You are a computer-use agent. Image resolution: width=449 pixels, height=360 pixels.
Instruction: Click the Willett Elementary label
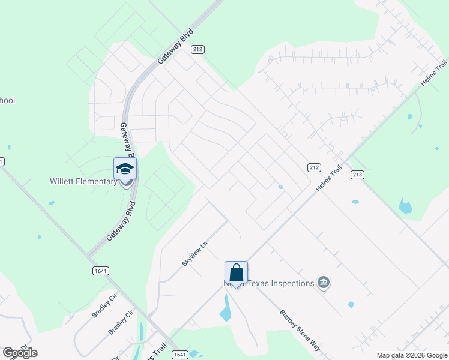[83, 181]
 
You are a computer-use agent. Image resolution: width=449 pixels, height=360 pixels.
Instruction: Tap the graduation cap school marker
[125, 169]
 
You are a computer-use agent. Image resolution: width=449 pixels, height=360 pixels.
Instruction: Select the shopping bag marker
[236, 272]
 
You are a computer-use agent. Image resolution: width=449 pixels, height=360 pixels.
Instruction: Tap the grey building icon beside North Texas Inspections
[324, 282]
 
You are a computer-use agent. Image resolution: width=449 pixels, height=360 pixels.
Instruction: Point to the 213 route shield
[358, 175]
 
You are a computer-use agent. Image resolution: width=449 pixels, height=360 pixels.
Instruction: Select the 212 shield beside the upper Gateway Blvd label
[197, 49]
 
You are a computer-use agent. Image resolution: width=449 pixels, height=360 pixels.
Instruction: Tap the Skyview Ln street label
[194, 254]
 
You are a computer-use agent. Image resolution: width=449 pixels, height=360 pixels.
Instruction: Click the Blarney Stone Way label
[299, 330]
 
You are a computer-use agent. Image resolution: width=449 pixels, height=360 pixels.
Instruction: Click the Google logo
[20, 353]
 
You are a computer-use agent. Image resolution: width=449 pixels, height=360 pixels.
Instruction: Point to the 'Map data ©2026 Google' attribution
[411, 355]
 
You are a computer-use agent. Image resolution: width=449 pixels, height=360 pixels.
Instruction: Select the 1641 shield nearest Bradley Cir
[101, 271]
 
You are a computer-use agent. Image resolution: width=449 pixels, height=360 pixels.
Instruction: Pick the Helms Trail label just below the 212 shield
[329, 178]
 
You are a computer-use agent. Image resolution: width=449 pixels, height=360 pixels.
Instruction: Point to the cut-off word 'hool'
[7, 100]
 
